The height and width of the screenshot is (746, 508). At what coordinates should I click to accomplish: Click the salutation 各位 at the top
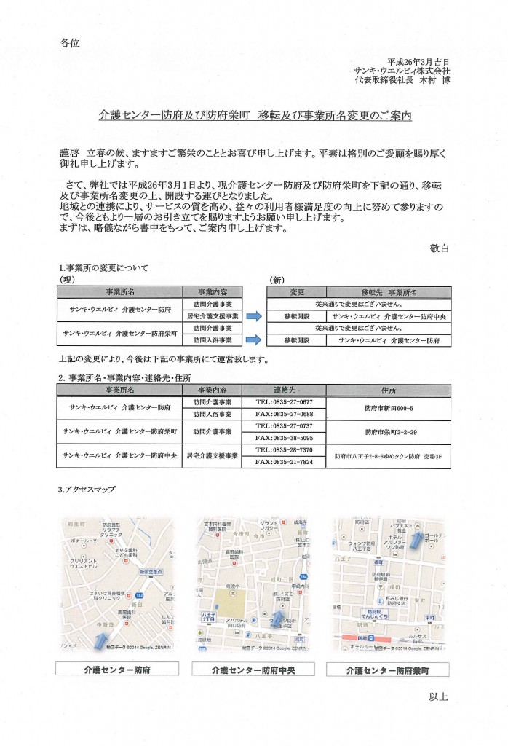pyautogui.click(x=69, y=43)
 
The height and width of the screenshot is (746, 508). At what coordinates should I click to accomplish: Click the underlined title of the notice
pyautogui.click(x=255, y=115)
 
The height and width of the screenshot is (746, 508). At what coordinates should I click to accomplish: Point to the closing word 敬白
pyautogui.click(x=440, y=248)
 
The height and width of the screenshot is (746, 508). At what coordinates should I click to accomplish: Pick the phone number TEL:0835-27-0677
pyautogui.click(x=284, y=402)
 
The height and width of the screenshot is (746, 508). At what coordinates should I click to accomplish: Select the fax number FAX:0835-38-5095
pyautogui.click(x=284, y=438)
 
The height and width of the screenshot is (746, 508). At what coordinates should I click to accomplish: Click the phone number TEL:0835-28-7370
pyautogui.click(x=284, y=450)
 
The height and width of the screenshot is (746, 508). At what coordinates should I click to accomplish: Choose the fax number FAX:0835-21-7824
pyautogui.click(x=284, y=462)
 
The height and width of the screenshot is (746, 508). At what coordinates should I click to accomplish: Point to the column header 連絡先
pyautogui.click(x=284, y=390)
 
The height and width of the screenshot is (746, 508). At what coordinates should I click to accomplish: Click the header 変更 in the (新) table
pyautogui.click(x=297, y=292)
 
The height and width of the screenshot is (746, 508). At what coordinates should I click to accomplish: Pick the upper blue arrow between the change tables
pyautogui.click(x=253, y=316)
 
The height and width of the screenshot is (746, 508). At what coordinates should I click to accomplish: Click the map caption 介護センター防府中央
pyautogui.click(x=253, y=669)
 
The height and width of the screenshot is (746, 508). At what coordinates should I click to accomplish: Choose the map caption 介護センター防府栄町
pyautogui.click(x=388, y=669)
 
